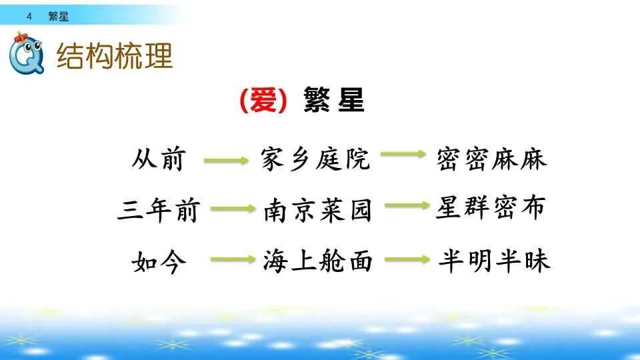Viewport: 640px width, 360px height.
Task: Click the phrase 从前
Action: (x=158, y=160)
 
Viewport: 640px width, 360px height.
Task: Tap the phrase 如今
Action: (x=158, y=263)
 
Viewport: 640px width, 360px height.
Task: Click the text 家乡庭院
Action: (x=315, y=160)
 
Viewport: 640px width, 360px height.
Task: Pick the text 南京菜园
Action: (x=317, y=211)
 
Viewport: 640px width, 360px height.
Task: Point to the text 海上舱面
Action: (x=317, y=262)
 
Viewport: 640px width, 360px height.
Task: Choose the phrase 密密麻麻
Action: (x=492, y=159)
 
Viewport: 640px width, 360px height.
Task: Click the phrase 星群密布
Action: (x=491, y=207)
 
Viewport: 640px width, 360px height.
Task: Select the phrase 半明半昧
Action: (x=494, y=261)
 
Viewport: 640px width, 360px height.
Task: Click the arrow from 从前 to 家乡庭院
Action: (x=226, y=160)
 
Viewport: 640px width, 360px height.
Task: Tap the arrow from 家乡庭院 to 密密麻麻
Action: (x=403, y=155)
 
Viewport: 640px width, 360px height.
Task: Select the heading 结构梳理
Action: (x=115, y=56)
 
